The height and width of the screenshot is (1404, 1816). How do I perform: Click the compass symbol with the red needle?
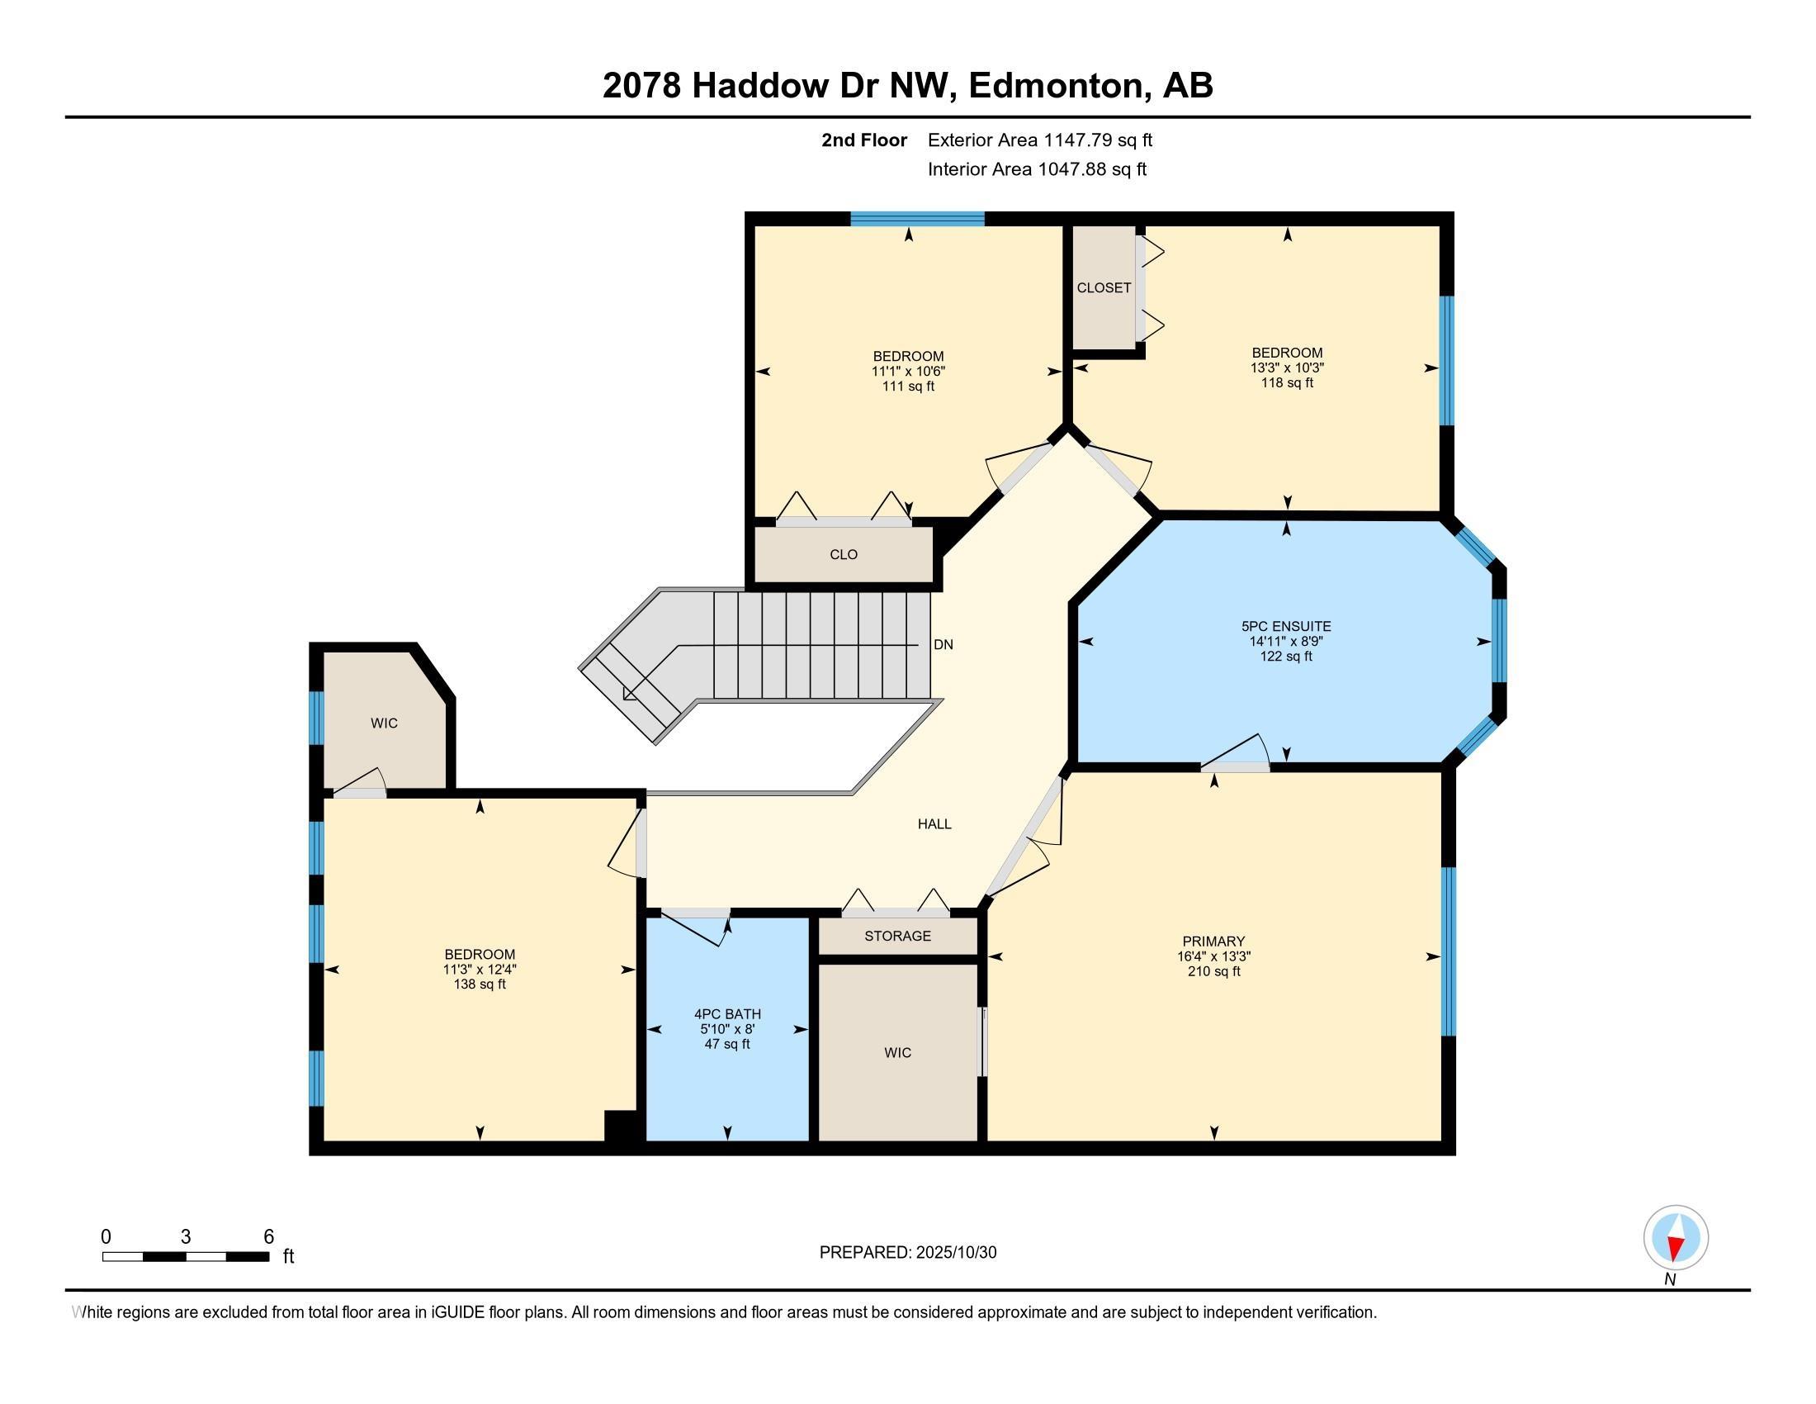tap(1676, 1237)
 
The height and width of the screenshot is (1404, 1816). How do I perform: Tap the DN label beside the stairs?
tap(943, 645)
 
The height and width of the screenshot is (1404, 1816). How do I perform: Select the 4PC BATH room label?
tap(727, 1014)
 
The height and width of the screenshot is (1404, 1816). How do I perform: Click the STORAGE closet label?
tap(897, 936)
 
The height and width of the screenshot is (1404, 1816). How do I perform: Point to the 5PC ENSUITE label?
tap(1285, 626)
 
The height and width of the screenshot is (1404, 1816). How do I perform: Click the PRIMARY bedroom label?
tap(1214, 942)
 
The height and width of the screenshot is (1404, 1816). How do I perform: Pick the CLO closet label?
tap(843, 555)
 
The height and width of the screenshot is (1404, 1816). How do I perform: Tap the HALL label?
tap(934, 824)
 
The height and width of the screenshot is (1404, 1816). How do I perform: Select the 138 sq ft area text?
tap(479, 984)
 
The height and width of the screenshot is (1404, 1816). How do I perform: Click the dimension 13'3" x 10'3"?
tap(1287, 368)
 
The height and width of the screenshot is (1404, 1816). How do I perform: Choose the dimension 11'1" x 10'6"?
tap(908, 372)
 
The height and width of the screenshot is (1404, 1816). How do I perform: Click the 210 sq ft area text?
tap(1214, 971)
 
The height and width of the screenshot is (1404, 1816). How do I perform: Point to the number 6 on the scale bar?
tap(268, 1237)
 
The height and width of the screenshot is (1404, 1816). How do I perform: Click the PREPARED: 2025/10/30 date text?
tap(908, 1253)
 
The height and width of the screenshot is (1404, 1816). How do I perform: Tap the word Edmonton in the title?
tap(1055, 86)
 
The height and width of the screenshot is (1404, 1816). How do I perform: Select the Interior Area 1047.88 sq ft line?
tap(1037, 169)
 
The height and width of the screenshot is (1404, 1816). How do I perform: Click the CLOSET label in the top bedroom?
tap(1104, 287)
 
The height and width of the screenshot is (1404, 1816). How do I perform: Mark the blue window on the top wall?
tap(917, 219)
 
